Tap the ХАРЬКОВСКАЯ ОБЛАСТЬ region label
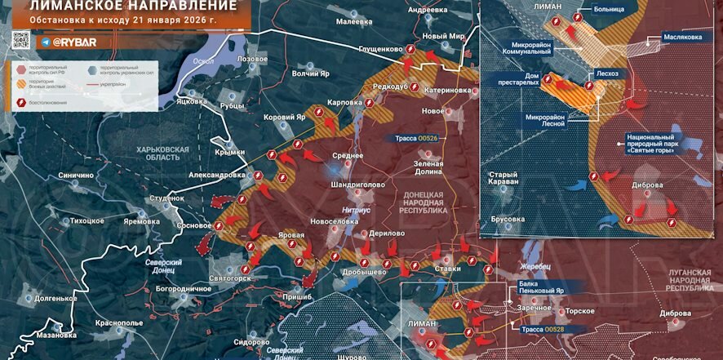click(163, 154)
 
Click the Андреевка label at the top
click(428, 9)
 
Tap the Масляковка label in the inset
click(683, 37)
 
